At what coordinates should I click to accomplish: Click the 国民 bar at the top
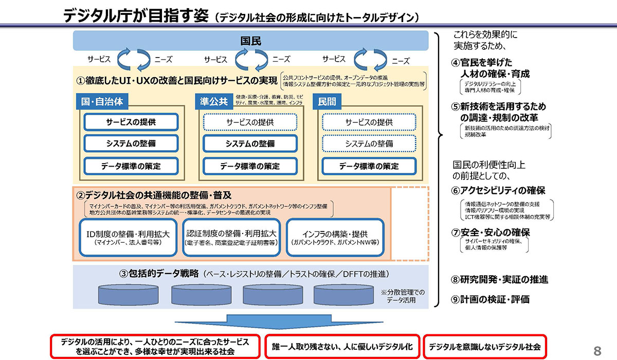coord(250,41)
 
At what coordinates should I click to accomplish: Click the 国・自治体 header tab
coord(102,101)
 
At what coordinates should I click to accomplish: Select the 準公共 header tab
coord(214,101)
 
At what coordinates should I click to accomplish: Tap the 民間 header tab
coord(327,101)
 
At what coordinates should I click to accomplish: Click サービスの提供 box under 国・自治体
coord(131,122)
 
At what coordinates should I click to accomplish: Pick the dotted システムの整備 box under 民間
coord(369,144)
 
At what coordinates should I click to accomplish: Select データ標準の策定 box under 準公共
coord(250,166)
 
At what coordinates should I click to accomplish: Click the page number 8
coord(597,351)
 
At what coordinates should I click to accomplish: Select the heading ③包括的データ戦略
coord(158,273)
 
